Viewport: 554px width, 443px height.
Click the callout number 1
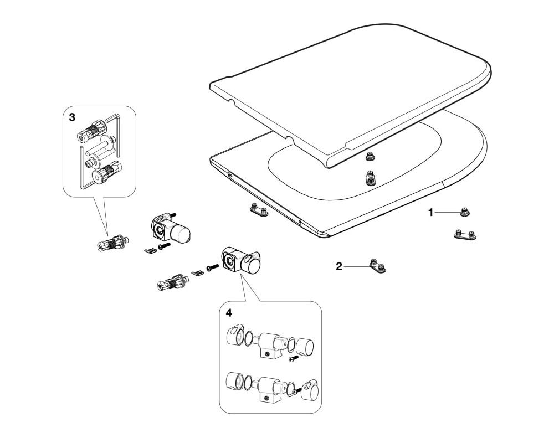[430, 213]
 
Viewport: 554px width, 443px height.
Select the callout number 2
[339, 266]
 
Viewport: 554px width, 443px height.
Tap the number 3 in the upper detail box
[72, 117]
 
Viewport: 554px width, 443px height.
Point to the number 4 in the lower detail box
[229, 313]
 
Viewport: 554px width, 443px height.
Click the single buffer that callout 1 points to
[465, 212]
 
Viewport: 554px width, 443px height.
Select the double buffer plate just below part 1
[465, 234]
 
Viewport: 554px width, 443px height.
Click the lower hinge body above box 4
[242, 261]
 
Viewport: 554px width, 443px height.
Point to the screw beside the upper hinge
[165, 246]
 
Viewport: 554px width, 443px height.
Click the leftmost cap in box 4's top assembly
[235, 333]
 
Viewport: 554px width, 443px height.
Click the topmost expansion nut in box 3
[92, 129]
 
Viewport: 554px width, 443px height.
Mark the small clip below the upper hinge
[150, 250]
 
